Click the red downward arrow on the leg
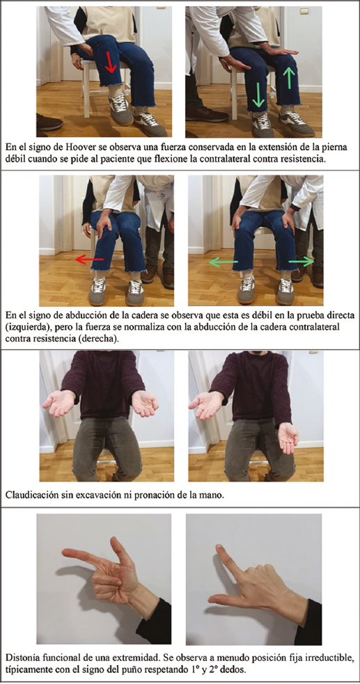coord(111,62)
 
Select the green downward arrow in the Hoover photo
coord(258,96)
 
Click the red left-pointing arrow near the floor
coord(90,260)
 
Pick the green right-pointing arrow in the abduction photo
coord(301,262)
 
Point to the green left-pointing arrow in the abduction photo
coord(223,262)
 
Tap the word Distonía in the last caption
coord(23,655)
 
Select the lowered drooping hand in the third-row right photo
coord(288,437)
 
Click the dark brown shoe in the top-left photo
coord(49,122)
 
